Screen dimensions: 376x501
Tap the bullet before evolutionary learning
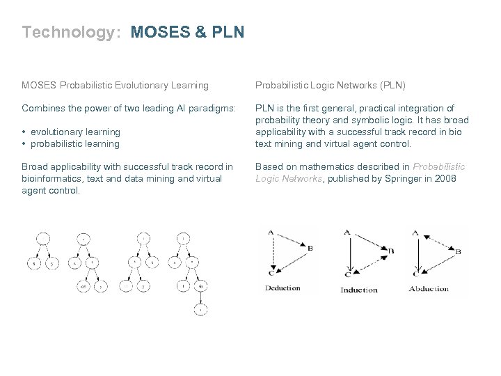point(24,132)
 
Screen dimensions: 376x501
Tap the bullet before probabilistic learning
point(24,143)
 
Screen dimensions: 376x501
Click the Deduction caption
point(283,288)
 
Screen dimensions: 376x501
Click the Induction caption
point(359,290)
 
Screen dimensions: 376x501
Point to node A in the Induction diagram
point(347,233)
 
